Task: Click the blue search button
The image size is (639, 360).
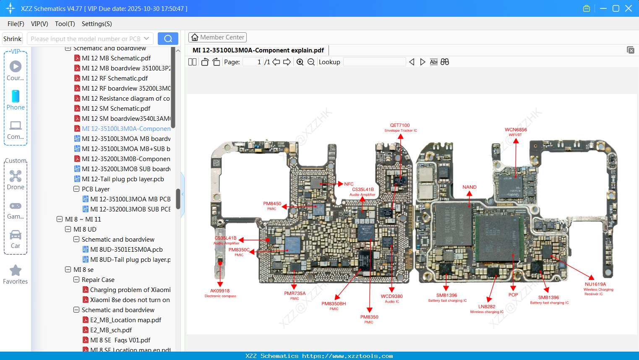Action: pyautogui.click(x=168, y=39)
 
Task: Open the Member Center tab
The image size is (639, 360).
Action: pyautogui.click(x=217, y=37)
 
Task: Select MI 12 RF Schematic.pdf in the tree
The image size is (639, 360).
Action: pyautogui.click(x=115, y=78)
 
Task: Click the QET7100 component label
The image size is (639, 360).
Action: pyautogui.click(x=400, y=125)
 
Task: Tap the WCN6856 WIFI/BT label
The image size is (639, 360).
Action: pyautogui.click(x=516, y=130)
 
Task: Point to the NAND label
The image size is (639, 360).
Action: pyautogui.click(x=469, y=187)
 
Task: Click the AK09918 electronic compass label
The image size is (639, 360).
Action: pyautogui.click(x=220, y=291)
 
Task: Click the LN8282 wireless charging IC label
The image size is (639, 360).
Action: pyautogui.click(x=487, y=307)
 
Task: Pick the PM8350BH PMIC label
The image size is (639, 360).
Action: pyautogui.click(x=334, y=304)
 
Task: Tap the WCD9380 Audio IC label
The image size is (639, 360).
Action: pyautogui.click(x=391, y=297)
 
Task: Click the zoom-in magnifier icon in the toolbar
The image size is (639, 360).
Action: pyautogui.click(x=300, y=62)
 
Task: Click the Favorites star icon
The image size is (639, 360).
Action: pyautogui.click(x=16, y=271)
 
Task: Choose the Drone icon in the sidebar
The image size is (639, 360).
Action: pyautogui.click(x=16, y=176)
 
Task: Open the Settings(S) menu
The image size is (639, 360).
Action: pyautogui.click(x=97, y=24)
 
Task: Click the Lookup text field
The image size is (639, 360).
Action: pyautogui.click(x=374, y=62)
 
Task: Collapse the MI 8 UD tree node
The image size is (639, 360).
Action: pyautogui.click(x=68, y=230)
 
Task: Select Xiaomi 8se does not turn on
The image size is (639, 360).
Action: pyautogui.click(x=130, y=300)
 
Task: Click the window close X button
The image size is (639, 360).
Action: pyautogui.click(x=629, y=8)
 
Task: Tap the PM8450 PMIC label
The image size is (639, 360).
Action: pyautogui.click(x=272, y=204)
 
